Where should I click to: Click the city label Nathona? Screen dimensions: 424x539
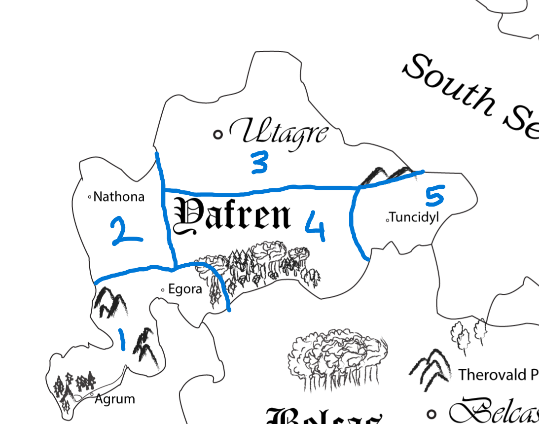[x=119, y=197]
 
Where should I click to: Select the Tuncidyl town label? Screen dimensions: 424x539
[x=414, y=217]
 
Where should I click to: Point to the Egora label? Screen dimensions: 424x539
[x=185, y=289]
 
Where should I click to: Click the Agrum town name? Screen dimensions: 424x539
[x=115, y=398]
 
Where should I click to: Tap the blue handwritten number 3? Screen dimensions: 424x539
[x=258, y=163]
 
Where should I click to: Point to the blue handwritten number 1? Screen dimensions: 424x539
[x=122, y=340]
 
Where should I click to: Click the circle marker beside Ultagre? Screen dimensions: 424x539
[x=217, y=134]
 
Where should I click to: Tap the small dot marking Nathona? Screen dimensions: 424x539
[x=89, y=197]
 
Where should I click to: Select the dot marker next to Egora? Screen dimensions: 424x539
[x=163, y=290]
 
